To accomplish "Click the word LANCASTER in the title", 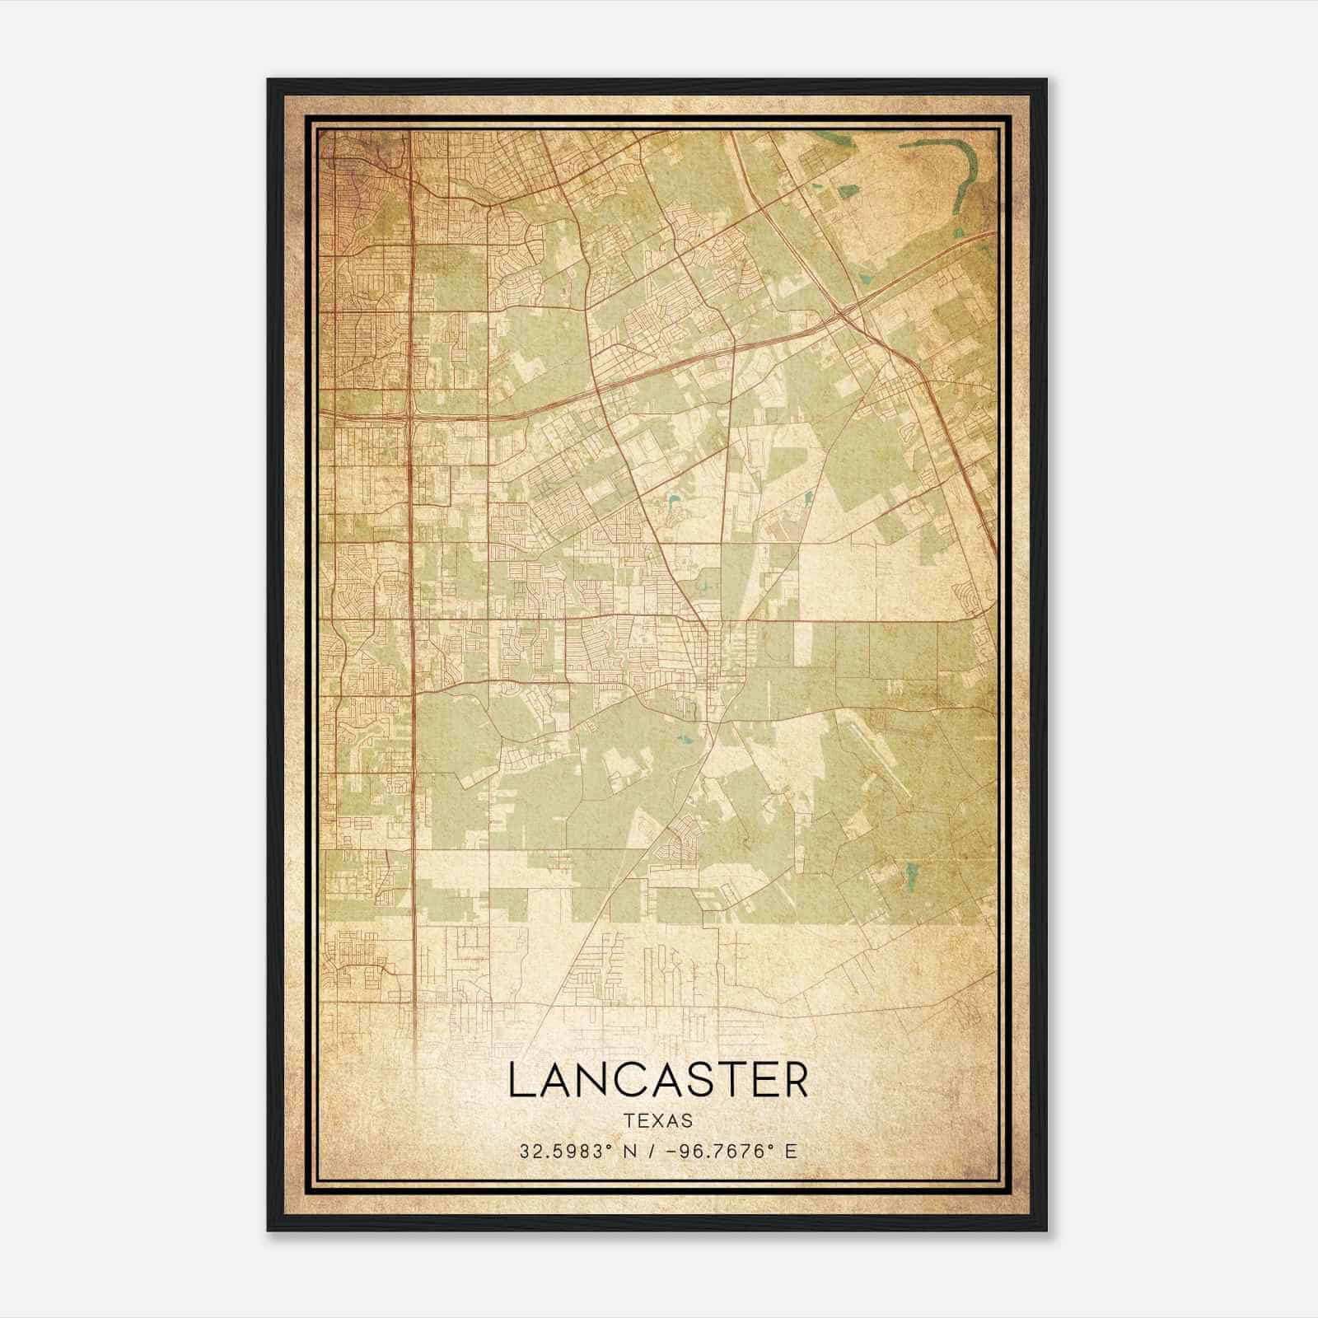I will (x=658, y=1081).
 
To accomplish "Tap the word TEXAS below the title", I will (x=658, y=1121).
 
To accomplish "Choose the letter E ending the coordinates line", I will (x=792, y=1152).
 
